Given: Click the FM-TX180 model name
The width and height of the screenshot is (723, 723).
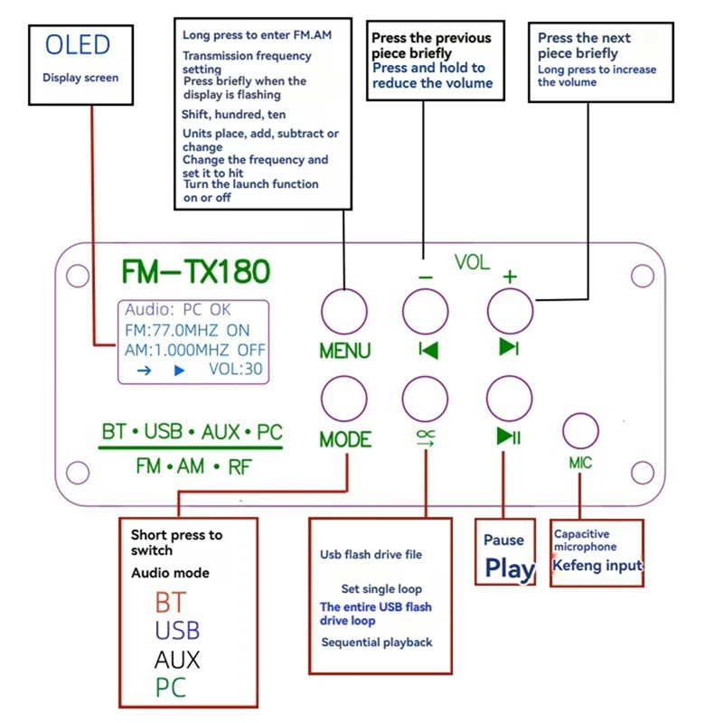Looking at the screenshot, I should click(x=195, y=271).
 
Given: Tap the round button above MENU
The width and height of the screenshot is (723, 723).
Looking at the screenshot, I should click(x=343, y=313).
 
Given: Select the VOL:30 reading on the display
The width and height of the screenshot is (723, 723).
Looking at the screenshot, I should click(x=236, y=370).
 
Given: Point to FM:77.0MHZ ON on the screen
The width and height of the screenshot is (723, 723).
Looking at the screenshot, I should click(x=187, y=330).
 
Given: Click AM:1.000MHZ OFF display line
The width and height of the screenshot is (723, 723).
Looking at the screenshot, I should click(x=195, y=350).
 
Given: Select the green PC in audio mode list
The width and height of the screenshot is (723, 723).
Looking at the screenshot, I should click(x=170, y=687).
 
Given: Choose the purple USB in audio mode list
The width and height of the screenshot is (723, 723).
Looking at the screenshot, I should click(x=177, y=631).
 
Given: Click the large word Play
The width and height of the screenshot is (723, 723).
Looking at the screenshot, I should click(x=510, y=568).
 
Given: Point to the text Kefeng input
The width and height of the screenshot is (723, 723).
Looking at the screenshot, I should click(x=597, y=566).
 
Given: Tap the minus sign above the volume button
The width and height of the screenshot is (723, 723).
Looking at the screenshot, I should click(x=426, y=277).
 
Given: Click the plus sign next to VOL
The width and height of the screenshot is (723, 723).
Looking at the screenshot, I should click(x=510, y=277).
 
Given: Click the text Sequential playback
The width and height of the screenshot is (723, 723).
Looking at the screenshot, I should click(x=377, y=643).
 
